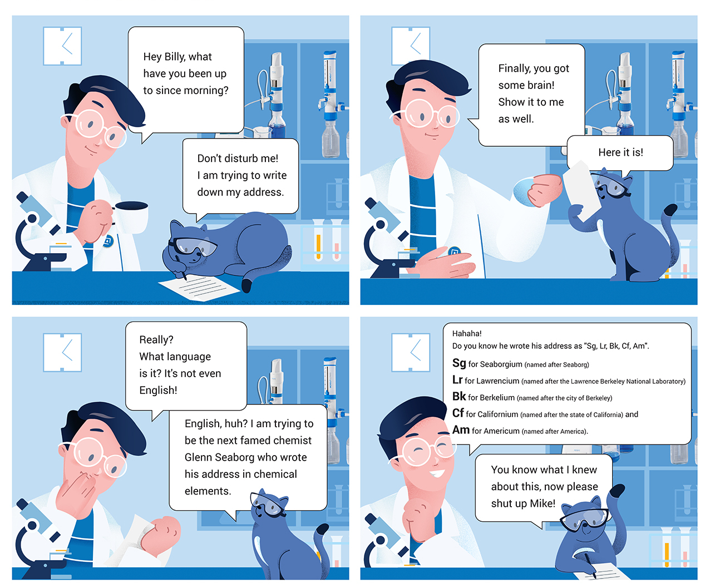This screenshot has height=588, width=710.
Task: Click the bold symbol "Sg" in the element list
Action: point(459,363)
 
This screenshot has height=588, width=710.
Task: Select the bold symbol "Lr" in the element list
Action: point(457,379)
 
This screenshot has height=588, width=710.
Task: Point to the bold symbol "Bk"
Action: point(459,396)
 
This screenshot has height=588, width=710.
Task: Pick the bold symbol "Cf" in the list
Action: point(458,413)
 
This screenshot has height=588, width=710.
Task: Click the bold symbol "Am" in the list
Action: point(461,429)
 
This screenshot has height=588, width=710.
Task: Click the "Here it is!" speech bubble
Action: point(620,153)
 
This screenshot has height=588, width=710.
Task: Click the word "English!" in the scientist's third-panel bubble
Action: point(158,391)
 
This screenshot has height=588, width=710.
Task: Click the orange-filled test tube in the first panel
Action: point(318,241)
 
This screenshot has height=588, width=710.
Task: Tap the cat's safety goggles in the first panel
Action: point(194,246)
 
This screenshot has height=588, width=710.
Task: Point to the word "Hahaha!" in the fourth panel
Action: point(466,333)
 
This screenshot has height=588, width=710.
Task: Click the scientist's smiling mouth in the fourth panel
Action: point(437,473)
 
